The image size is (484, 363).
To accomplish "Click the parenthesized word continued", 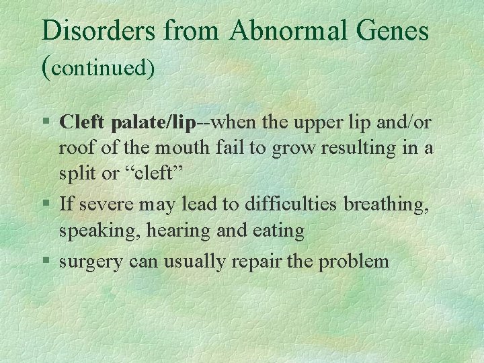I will [x=99, y=68].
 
